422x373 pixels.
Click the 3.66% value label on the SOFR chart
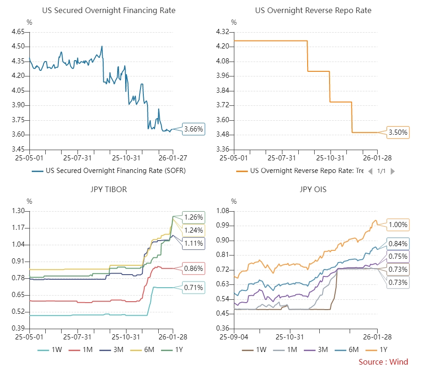194,129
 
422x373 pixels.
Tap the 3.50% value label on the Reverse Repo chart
398,133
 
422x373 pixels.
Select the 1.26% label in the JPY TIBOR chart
193,217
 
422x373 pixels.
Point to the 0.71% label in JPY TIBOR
193,288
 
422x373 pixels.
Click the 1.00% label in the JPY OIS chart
398,225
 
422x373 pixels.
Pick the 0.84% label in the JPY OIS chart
398,243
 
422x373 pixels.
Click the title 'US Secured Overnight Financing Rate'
109,10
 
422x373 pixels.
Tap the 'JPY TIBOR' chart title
108,189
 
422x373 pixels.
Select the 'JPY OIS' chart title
313,189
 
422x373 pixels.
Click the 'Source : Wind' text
383,362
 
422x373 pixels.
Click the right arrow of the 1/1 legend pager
393,171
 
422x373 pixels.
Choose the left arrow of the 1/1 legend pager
370,171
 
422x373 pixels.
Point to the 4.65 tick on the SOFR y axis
18,32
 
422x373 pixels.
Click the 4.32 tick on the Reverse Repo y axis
223,32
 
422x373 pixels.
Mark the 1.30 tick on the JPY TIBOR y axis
18,211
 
